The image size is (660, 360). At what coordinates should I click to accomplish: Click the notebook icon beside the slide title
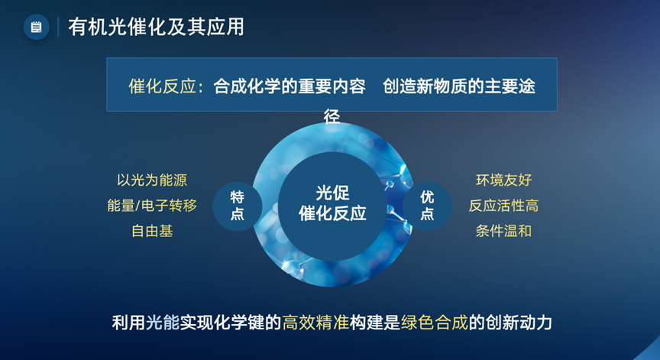pyautogui.click(x=36, y=28)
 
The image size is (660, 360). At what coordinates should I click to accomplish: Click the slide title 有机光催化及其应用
pyautogui.click(x=156, y=27)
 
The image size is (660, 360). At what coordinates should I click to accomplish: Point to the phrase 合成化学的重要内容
pyautogui.click(x=290, y=86)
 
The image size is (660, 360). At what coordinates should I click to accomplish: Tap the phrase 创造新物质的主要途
pyautogui.click(x=459, y=86)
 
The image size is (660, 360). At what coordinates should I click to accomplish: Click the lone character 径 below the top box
pyautogui.click(x=332, y=117)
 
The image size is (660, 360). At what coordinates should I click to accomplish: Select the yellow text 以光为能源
pyautogui.click(x=152, y=180)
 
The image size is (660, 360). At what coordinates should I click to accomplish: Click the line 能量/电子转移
pyautogui.click(x=152, y=206)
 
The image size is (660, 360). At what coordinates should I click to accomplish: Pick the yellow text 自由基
pyautogui.click(x=152, y=231)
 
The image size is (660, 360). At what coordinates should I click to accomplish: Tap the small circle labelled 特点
pyautogui.click(x=238, y=206)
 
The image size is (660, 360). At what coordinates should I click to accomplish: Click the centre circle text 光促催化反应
pyautogui.click(x=332, y=203)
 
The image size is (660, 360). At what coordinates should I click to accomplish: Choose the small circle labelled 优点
pyautogui.click(x=427, y=206)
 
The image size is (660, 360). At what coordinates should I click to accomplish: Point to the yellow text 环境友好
pyautogui.click(x=504, y=180)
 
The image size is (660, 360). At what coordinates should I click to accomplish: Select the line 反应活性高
pyautogui.click(x=503, y=206)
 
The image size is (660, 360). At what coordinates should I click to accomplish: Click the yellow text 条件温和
pyautogui.click(x=504, y=231)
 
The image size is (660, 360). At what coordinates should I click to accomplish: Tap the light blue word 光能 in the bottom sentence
pyautogui.click(x=163, y=323)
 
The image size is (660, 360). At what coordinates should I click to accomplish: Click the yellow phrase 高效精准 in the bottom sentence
pyautogui.click(x=315, y=323)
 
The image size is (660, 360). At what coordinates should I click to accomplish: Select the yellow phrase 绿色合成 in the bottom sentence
pyautogui.click(x=435, y=323)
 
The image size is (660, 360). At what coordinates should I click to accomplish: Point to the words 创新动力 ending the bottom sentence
pyautogui.click(x=519, y=323)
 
